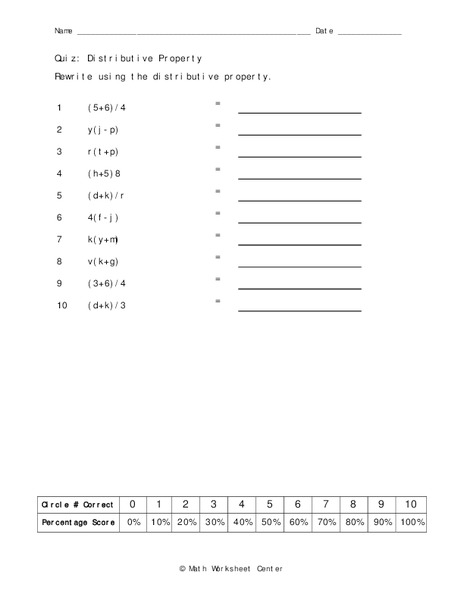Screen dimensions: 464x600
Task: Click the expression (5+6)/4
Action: click(107, 108)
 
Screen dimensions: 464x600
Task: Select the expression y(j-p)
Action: click(104, 130)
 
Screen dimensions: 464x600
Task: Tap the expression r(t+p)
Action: click(103, 152)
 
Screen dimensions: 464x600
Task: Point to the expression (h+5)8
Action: click(104, 174)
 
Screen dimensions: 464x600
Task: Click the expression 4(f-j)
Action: click(104, 218)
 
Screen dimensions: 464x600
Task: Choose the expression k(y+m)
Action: click(104, 240)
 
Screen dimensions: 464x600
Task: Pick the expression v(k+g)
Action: click(104, 262)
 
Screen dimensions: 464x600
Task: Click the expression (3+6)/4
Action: click(107, 284)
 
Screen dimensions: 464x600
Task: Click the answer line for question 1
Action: click(299, 112)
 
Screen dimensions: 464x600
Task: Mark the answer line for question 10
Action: click(299, 310)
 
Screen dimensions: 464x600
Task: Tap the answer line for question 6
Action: click(299, 222)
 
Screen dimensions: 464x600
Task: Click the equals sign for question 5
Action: click(217, 192)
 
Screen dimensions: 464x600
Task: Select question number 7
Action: click(60, 240)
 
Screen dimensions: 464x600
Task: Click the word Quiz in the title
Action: click(67, 59)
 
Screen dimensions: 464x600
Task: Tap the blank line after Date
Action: click(369, 34)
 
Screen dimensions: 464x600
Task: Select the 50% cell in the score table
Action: click(270, 523)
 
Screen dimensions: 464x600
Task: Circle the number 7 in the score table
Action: click(326, 505)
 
